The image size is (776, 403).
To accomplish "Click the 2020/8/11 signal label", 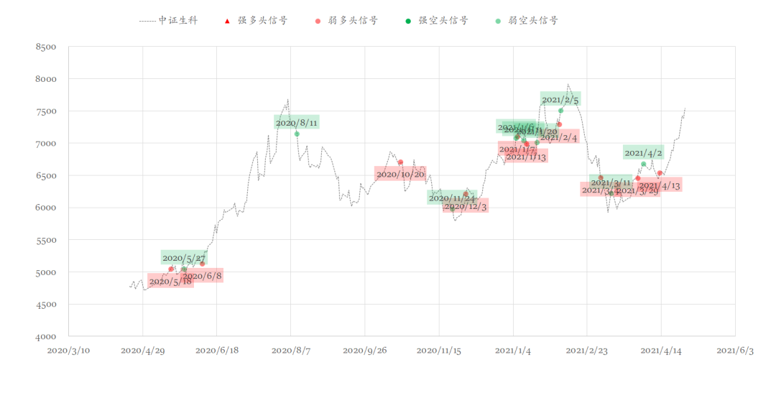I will (296, 123).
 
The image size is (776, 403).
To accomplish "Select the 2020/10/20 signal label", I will (400, 174).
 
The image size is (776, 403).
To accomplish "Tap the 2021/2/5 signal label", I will (560, 99).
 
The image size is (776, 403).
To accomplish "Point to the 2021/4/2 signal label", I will (643, 152).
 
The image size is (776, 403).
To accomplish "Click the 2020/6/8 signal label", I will (202, 276).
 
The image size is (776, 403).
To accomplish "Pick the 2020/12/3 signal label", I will (465, 207).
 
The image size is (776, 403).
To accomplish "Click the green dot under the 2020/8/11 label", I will (297, 134).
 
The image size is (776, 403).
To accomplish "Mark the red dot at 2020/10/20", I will (400, 162).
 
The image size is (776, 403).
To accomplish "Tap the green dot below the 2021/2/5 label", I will (560, 111).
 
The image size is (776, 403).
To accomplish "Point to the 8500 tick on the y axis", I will (46, 47).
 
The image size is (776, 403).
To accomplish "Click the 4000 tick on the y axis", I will (46, 336).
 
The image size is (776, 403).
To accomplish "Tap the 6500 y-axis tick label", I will (46, 176).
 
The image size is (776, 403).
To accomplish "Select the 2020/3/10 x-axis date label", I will (68, 351).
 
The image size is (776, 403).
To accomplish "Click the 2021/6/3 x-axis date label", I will (735, 351).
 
